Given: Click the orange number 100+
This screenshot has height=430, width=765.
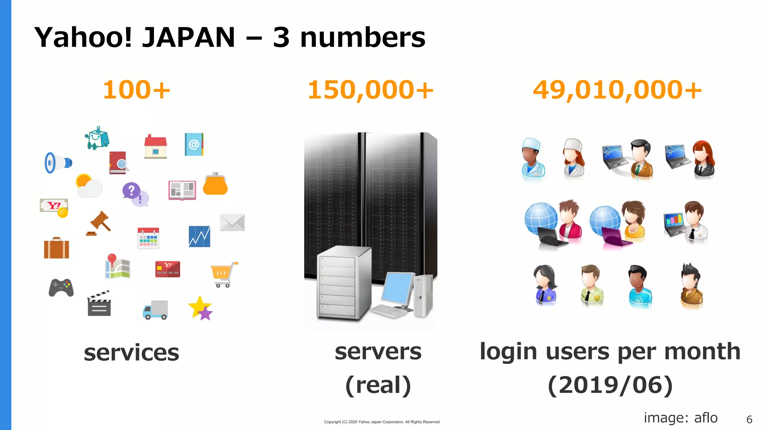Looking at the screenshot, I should (136, 90).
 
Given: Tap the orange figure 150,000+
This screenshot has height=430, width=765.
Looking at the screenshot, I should (370, 90).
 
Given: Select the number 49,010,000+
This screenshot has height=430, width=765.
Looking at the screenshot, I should (617, 90).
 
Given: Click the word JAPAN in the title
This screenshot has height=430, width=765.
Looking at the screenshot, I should (189, 37).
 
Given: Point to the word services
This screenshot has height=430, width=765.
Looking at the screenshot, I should (131, 353).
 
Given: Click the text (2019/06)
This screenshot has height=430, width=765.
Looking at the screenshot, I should (610, 385).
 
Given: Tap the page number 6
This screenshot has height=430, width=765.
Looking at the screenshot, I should (749, 420).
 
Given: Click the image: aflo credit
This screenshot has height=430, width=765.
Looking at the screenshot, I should (680, 418).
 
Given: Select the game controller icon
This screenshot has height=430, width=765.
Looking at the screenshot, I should (61, 287).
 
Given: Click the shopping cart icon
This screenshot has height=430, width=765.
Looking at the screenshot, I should (224, 274).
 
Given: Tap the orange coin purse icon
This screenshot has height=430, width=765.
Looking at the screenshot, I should (215, 184).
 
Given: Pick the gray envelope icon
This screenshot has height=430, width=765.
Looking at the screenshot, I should (232, 222).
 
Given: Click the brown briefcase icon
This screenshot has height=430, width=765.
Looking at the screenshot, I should (56, 248).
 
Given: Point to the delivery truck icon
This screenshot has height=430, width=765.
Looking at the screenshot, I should (155, 310).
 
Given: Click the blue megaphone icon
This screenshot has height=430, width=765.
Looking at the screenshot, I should (57, 163).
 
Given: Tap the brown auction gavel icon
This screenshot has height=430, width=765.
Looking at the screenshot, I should (100, 223).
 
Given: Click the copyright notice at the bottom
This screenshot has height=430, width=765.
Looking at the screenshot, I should (382, 422).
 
